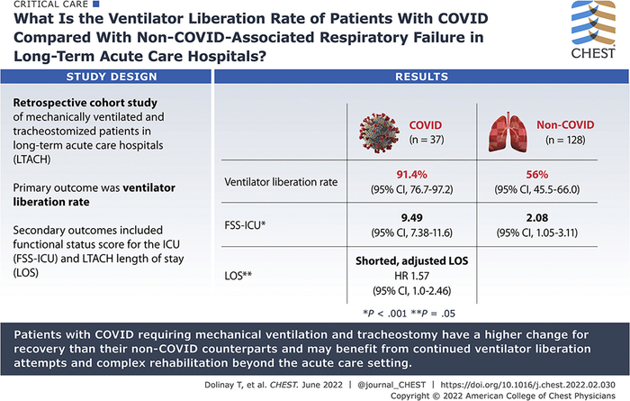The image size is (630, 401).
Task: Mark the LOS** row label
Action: click(x=241, y=269)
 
